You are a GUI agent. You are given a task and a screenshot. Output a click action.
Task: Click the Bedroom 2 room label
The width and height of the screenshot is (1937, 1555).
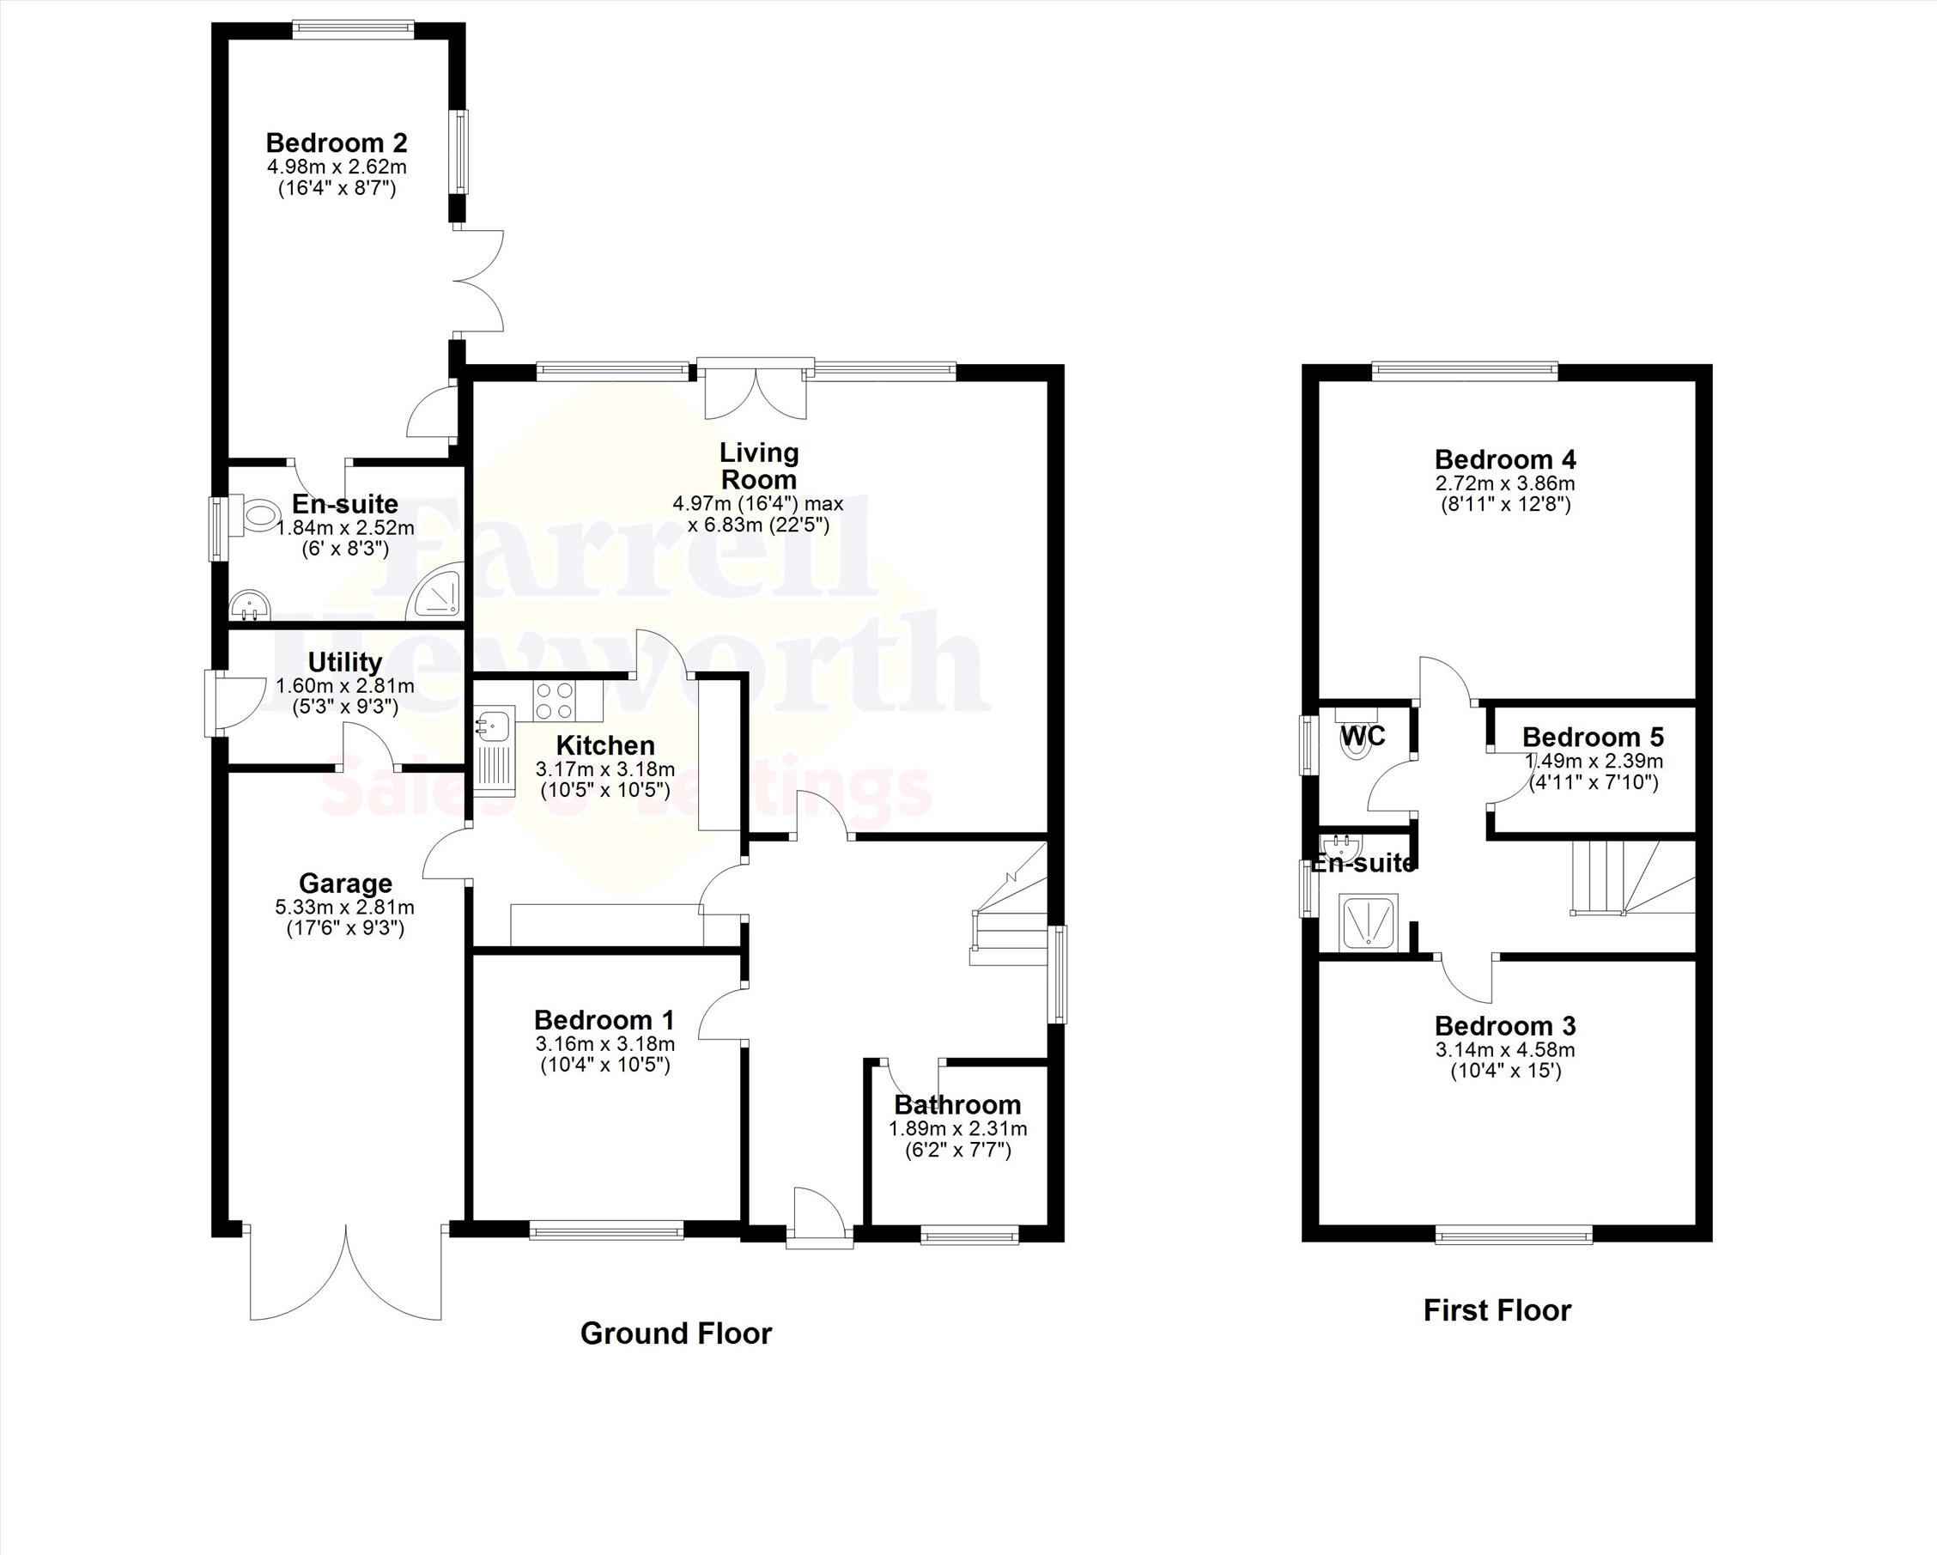pyautogui.click(x=336, y=143)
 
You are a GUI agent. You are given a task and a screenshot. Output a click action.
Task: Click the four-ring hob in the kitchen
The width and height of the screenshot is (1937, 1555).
pyautogui.click(x=555, y=701)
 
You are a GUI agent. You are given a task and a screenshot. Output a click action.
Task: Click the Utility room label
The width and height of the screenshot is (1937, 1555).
pyautogui.click(x=345, y=662)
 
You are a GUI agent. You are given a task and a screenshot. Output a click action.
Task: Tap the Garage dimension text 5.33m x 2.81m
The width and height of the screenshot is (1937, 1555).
pyautogui.click(x=345, y=908)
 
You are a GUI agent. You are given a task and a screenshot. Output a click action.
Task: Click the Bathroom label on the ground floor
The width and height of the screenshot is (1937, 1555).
pyautogui.click(x=957, y=1105)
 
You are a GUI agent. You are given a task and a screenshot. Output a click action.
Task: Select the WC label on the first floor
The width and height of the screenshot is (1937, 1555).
pyautogui.click(x=1363, y=737)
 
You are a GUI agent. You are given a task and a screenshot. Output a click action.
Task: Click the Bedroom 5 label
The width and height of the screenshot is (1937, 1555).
pyautogui.click(x=1593, y=738)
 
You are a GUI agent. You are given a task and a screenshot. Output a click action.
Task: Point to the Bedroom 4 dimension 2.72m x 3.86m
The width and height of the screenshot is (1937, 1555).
pyautogui.click(x=1505, y=483)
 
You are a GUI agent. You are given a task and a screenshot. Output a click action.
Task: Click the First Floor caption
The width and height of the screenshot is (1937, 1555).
pyautogui.click(x=1497, y=1310)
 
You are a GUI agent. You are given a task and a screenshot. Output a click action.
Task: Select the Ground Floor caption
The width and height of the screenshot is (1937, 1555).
pyautogui.click(x=676, y=1333)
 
